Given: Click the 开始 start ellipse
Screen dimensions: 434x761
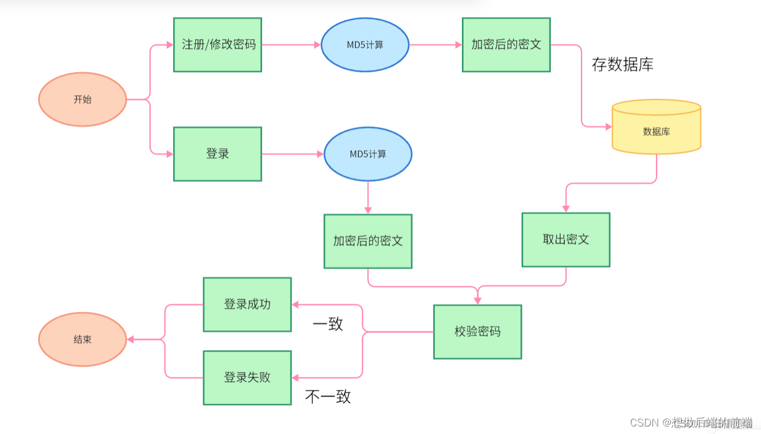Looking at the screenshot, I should click(x=83, y=99).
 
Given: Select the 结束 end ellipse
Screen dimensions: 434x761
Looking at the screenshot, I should click(x=83, y=339).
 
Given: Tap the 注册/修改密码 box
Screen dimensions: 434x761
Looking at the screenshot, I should click(x=218, y=44).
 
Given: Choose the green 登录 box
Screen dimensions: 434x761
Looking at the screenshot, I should click(x=218, y=154).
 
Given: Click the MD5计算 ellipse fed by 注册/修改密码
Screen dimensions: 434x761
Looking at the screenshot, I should click(x=365, y=44).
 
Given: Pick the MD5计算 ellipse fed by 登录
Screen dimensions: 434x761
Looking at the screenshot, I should click(x=368, y=154).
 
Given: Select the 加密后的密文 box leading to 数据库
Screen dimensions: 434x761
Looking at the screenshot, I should click(x=506, y=44).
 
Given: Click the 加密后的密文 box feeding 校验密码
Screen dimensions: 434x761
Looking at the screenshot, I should click(x=368, y=241).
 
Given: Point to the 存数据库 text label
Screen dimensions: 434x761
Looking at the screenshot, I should click(x=622, y=65).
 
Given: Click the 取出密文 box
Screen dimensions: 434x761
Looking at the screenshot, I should click(x=566, y=240).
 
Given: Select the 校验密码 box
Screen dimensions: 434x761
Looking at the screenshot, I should click(x=478, y=332).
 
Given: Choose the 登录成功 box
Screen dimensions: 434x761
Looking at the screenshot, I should click(x=247, y=304).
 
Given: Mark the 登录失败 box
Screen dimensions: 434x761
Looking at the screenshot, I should click(x=247, y=377).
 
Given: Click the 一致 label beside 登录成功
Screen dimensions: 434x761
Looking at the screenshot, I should click(x=328, y=324).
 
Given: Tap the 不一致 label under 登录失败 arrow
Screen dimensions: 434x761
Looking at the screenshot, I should click(x=328, y=396).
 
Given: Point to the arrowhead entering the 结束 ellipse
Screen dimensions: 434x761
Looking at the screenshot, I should click(x=130, y=339).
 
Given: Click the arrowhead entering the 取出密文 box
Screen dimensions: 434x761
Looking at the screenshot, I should click(x=566, y=208).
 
